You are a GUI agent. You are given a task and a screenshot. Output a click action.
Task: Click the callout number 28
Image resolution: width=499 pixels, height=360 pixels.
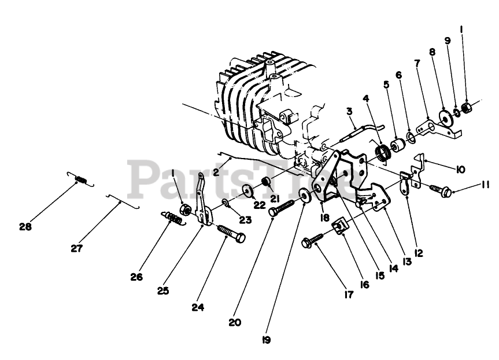[x=25, y=226]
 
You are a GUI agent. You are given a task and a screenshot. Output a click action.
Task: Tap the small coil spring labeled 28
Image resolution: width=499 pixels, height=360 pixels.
[x=82, y=180]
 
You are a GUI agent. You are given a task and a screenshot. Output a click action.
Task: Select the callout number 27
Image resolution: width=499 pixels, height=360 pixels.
[x=77, y=248]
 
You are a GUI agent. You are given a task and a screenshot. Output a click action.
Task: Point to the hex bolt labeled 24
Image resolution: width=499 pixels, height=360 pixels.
[x=231, y=234]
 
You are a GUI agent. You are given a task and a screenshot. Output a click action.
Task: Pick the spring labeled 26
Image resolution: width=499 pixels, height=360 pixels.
[x=174, y=218]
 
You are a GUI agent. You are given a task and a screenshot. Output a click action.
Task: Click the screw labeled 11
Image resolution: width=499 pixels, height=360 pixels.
[x=441, y=190]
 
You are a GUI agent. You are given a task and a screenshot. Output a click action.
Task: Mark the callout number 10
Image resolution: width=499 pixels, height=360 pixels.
[x=460, y=170]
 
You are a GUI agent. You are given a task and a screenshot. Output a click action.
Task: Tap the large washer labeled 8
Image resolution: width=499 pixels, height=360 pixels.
[x=446, y=116]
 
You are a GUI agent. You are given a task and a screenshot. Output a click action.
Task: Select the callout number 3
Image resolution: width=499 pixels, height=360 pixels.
[x=349, y=111]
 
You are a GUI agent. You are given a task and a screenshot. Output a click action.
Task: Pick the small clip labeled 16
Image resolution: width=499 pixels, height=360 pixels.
[x=342, y=225]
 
